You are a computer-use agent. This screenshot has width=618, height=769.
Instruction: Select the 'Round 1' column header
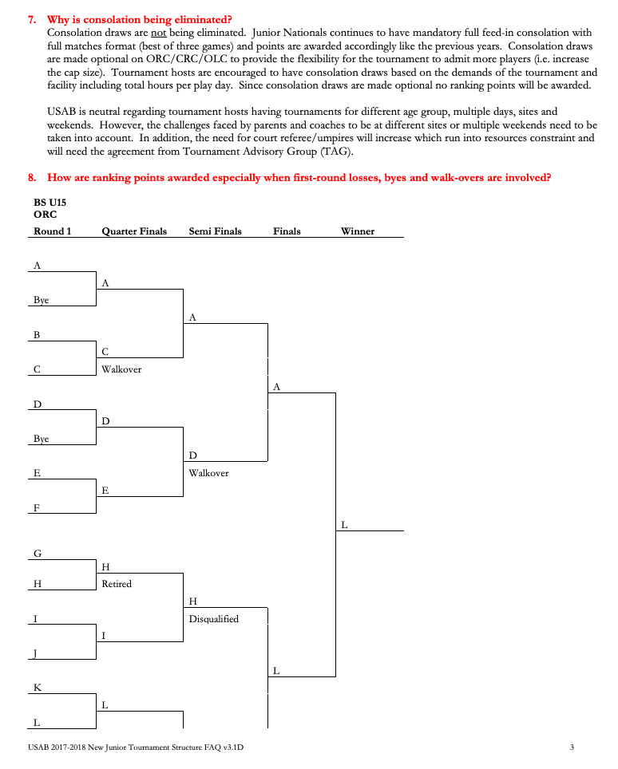pyautogui.click(x=52, y=231)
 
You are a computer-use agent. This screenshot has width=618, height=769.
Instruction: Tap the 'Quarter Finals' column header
pyautogui.click(x=134, y=231)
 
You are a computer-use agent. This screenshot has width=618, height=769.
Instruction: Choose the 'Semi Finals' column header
pyautogui.click(x=215, y=231)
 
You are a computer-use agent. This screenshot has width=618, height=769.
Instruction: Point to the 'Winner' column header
pyautogui.click(x=357, y=231)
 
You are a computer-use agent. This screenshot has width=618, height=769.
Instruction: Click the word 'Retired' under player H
pyautogui.click(x=117, y=584)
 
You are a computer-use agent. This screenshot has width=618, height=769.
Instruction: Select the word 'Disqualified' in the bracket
pyautogui.click(x=213, y=619)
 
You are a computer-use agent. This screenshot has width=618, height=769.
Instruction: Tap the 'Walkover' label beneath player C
pyautogui.click(x=121, y=369)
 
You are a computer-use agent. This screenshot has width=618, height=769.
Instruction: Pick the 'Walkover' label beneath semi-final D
pyautogui.click(x=208, y=473)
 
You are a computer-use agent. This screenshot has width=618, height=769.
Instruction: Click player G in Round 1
pyautogui.click(x=38, y=553)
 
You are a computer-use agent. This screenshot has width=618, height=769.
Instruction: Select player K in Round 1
pyautogui.click(x=38, y=687)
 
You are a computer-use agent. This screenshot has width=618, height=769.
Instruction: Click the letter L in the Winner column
pyautogui.click(x=344, y=525)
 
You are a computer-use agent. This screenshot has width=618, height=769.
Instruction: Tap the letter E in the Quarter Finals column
pyautogui.click(x=105, y=491)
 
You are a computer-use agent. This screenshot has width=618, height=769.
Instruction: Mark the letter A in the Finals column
pyautogui.click(x=276, y=386)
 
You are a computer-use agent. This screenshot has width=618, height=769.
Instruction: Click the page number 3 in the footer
pyautogui.click(x=572, y=747)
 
